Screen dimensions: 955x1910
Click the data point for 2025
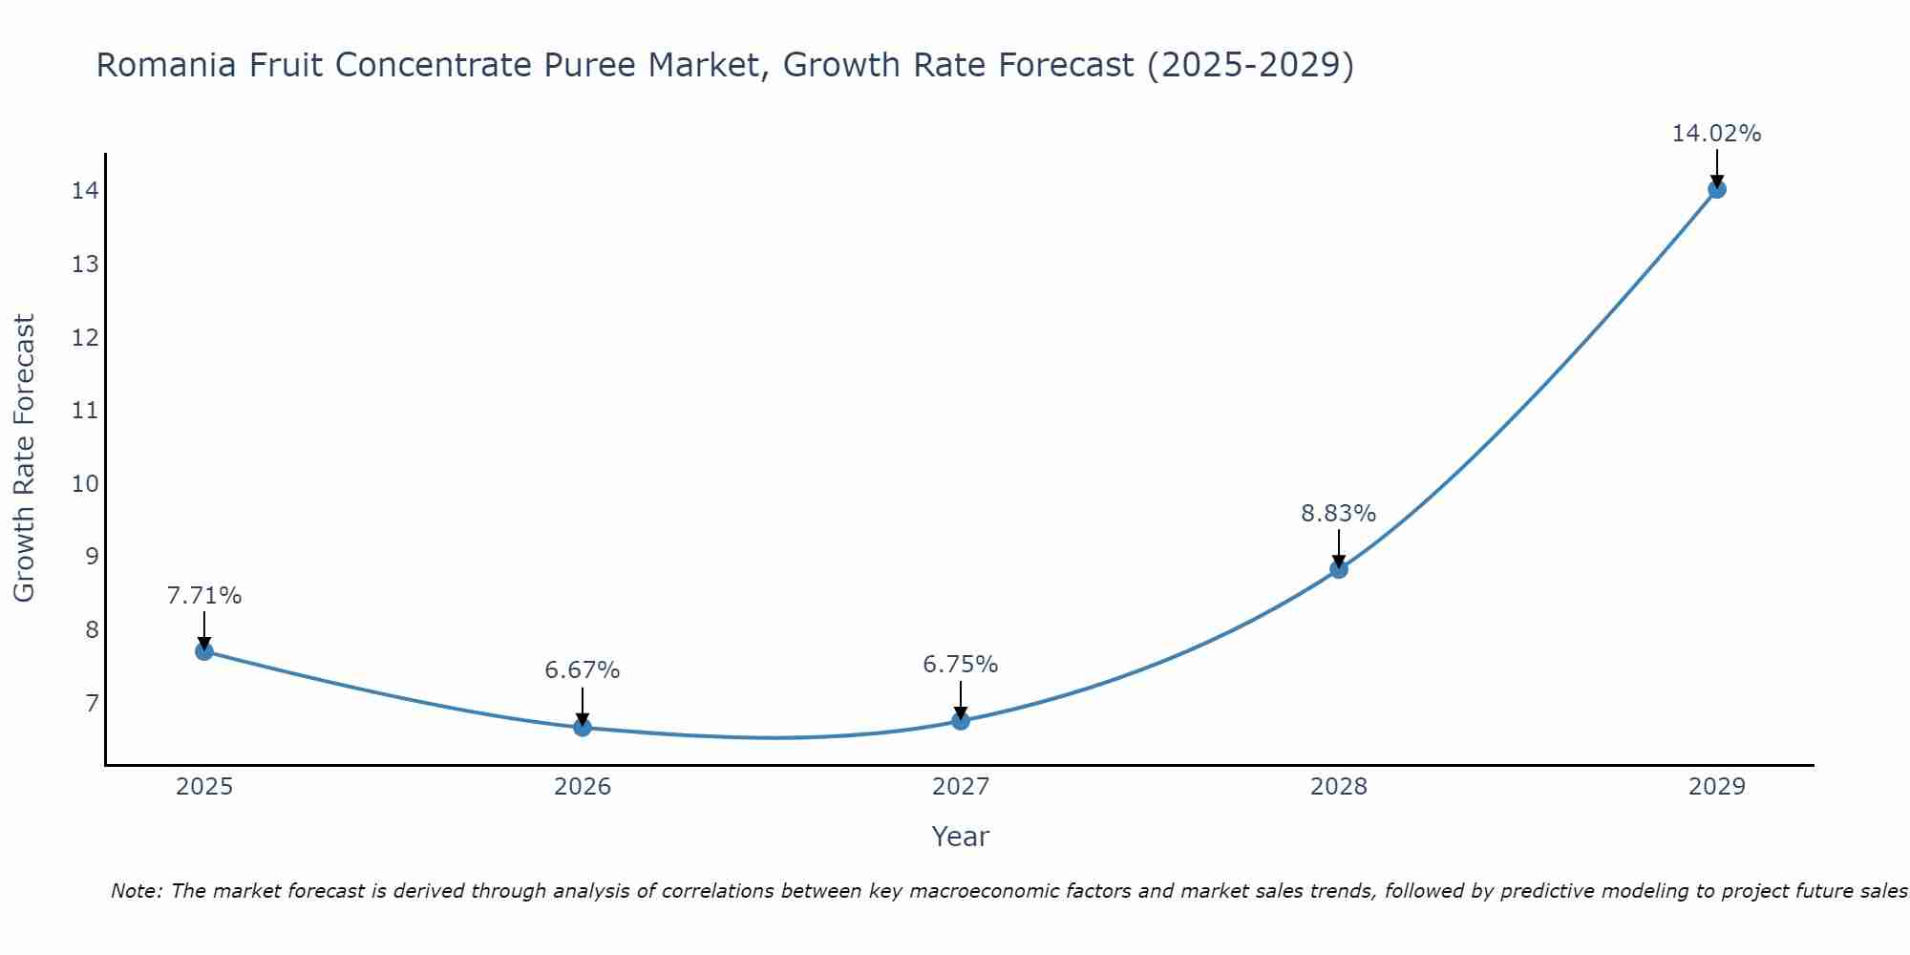pos(203,651)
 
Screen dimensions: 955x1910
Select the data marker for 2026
pos(583,728)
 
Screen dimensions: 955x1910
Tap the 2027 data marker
pos(961,721)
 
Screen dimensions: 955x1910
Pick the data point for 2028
pos(1339,569)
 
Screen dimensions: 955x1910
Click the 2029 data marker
pos(1716,189)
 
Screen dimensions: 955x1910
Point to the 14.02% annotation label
pos(1716,134)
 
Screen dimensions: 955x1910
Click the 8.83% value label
pos(1339,514)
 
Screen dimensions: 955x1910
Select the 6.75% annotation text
pos(961,665)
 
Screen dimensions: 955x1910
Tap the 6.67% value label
pos(583,670)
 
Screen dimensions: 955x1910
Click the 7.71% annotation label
pos(203,596)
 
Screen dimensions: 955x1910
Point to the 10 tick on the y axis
pos(85,483)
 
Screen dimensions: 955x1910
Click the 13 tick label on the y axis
pos(85,265)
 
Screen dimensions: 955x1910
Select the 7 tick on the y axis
pos(91,704)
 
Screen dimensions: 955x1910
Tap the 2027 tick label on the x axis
pos(961,787)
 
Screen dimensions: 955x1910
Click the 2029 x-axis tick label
pos(1716,787)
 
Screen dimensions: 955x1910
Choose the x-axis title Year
pos(961,837)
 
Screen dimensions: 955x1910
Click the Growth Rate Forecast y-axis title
pos(25,458)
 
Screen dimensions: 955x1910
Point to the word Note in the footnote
pos(137,891)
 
